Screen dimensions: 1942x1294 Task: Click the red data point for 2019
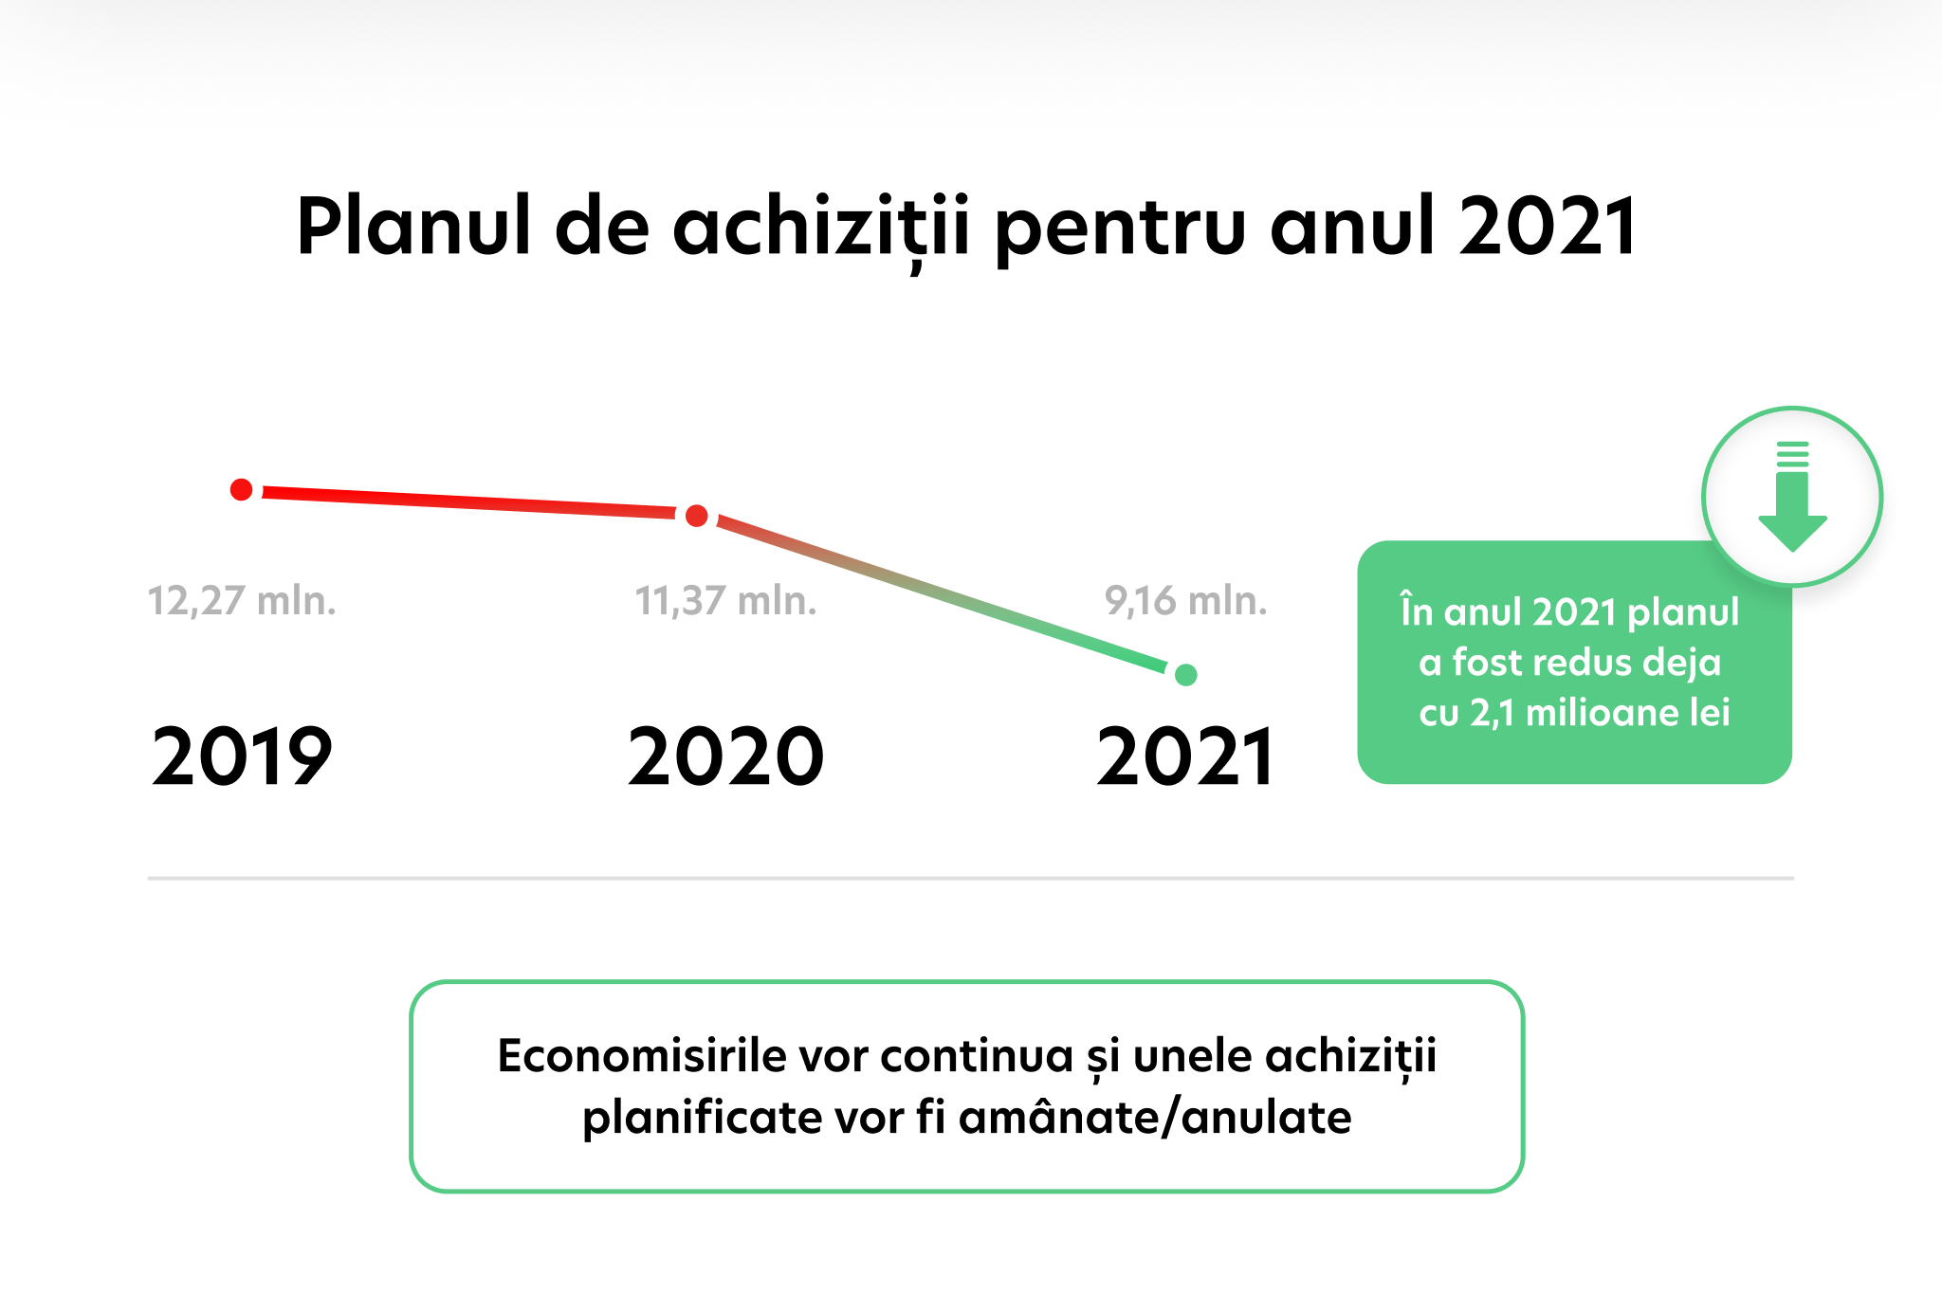click(x=242, y=489)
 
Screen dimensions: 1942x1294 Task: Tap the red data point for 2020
click(x=697, y=516)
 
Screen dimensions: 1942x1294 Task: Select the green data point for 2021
click(x=1185, y=675)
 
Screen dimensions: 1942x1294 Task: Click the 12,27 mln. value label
click(x=242, y=601)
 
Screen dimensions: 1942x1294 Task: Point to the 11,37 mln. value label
click(x=725, y=601)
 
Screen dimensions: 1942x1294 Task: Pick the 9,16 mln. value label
click(x=1185, y=601)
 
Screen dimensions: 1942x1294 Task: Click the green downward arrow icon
click(x=1792, y=497)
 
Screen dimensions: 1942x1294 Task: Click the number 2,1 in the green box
click(x=1493, y=713)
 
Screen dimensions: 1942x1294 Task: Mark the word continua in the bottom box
click(x=977, y=1055)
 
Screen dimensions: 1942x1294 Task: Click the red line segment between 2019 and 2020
click(x=469, y=502)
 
